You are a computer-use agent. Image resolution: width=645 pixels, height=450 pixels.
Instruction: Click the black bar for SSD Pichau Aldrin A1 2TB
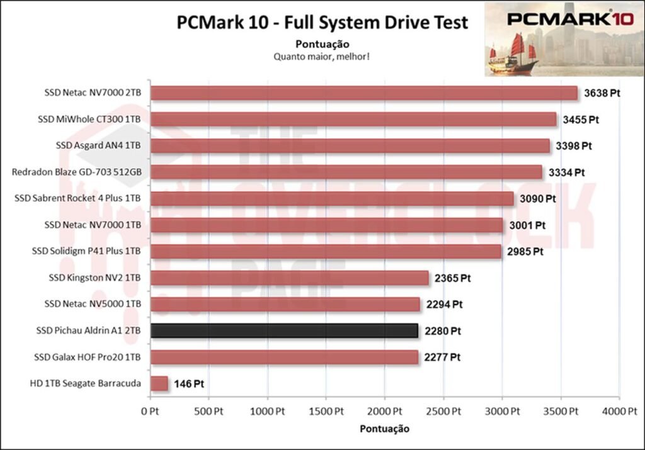tap(284, 330)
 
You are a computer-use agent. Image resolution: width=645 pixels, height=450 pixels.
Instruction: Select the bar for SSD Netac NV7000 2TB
tap(363, 93)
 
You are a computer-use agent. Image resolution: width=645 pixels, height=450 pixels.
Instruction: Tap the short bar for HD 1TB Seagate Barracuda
tap(159, 383)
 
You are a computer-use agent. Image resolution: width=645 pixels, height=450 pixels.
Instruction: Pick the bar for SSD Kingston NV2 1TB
tap(289, 278)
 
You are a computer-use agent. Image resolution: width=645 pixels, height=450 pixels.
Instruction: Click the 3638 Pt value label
tap(601, 93)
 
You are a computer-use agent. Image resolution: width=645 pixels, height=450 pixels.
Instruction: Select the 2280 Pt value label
tap(442, 330)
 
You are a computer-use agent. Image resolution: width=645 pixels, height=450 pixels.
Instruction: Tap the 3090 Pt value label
tap(537, 198)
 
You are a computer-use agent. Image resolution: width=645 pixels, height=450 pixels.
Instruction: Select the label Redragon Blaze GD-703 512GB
tap(76, 172)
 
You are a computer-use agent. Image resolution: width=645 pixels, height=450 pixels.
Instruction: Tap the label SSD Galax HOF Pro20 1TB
tap(87, 357)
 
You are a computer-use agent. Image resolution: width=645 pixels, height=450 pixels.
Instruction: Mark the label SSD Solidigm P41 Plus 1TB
tap(86, 251)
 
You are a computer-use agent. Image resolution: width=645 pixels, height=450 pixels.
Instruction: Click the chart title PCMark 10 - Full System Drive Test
tap(322, 23)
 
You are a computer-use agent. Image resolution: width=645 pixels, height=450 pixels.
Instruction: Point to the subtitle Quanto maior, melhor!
tap(321, 56)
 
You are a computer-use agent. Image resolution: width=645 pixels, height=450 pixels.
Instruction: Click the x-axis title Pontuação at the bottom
tap(384, 429)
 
